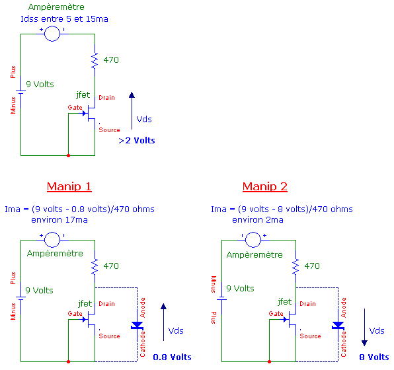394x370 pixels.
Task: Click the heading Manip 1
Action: [x=69, y=186]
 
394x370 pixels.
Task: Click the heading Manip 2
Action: [x=264, y=186]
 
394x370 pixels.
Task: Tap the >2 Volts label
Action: [x=136, y=141]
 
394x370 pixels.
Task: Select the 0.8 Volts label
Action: [x=172, y=357]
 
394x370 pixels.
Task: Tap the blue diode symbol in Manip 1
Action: [x=137, y=325]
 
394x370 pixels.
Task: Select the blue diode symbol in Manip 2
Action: [x=338, y=325]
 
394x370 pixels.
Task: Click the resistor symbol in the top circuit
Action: [x=95, y=60]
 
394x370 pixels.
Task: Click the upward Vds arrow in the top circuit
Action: [x=132, y=109]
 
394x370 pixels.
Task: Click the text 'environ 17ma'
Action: [x=59, y=220]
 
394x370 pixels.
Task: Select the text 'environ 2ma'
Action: [x=258, y=220]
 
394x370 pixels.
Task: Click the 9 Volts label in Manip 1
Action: [x=39, y=290]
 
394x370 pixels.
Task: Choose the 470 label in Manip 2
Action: [x=311, y=266]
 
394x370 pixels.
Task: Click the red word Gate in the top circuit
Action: [x=75, y=107]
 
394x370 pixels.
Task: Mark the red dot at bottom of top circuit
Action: [x=69, y=155]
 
